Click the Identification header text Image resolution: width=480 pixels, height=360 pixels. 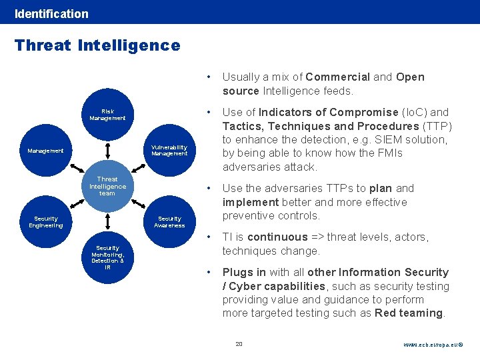click(x=51, y=13)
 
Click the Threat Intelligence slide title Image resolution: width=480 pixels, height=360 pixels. click(x=97, y=45)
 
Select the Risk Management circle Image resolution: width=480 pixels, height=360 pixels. click(x=107, y=115)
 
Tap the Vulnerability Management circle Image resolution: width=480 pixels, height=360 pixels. click(x=169, y=151)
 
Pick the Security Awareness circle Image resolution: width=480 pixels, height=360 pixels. click(x=169, y=222)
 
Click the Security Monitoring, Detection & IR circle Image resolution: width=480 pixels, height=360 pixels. click(x=107, y=257)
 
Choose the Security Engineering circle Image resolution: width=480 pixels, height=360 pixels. click(x=46, y=222)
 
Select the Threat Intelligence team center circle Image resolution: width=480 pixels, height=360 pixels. click(x=107, y=186)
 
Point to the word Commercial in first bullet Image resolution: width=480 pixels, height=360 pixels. click(x=337, y=77)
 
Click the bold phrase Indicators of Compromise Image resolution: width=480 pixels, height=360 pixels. click(x=329, y=112)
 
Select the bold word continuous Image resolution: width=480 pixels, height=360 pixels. click(x=277, y=237)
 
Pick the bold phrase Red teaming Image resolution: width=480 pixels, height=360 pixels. click(x=409, y=313)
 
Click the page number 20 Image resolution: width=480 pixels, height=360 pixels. click(x=239, y=344)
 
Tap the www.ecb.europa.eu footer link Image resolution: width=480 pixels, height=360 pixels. click(x=433, y=345)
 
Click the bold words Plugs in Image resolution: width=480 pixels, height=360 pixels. click(x=244, y=272)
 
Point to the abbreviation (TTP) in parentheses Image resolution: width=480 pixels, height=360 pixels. click(x=437, y=126)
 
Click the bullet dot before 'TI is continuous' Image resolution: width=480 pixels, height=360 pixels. click(x=209, y=237)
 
